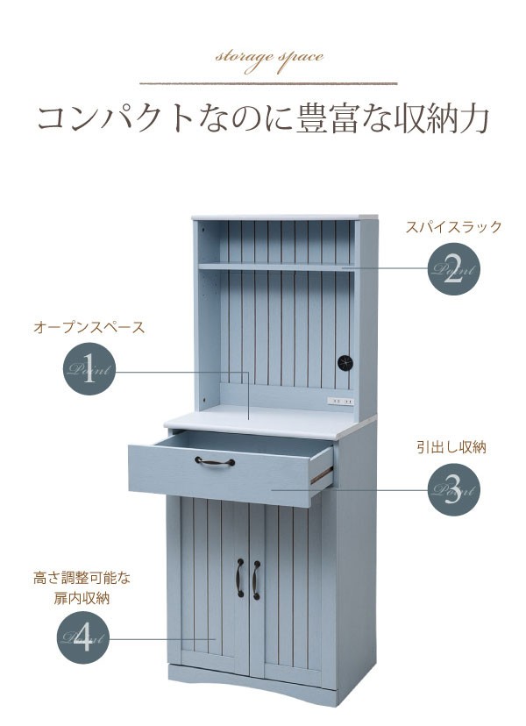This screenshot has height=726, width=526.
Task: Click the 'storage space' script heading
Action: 269,60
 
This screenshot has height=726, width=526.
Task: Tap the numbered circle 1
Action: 89,369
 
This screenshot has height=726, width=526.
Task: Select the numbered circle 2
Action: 453,269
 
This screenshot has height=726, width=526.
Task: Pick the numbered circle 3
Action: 453,490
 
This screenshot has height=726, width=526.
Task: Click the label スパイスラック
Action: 453,227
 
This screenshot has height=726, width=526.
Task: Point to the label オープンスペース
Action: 89,327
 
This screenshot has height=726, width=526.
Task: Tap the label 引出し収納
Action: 451,448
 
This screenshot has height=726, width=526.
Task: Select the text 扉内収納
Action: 82,598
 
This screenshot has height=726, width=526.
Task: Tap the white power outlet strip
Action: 341,401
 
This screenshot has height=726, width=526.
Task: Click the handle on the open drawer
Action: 215,461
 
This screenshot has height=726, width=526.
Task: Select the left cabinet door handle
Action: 240,577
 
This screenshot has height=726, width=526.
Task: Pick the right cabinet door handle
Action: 256,580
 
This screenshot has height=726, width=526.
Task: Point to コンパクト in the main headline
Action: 114,119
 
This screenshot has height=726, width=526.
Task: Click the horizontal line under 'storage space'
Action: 268,84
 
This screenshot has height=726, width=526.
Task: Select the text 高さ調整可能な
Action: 82,578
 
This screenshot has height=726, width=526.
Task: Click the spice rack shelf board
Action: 276,267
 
